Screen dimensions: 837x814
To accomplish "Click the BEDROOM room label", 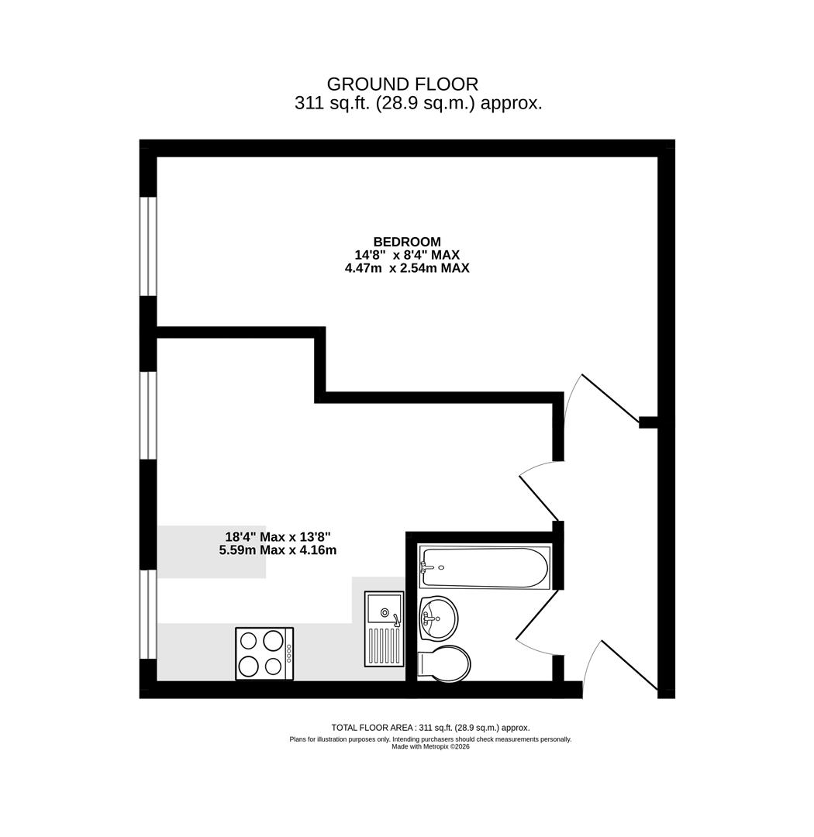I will [407, 242].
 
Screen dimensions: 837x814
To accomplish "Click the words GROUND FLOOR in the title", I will [402, 84].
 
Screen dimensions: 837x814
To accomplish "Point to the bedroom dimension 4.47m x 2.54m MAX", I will [407, 268].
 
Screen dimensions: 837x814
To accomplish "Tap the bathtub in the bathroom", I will [485, 567].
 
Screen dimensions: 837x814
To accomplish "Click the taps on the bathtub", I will [426, 567].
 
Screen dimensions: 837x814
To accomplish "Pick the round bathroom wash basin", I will [438, 618].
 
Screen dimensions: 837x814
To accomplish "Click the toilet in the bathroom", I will [443, 663].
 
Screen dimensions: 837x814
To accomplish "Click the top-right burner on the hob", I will [273, 641].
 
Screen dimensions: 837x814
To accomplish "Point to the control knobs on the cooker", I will [289, 653].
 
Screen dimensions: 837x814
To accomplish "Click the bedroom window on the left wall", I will [148, 246].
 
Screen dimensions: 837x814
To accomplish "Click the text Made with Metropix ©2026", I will [430, 747].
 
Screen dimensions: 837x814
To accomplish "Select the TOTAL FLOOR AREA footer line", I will [430, 728].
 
